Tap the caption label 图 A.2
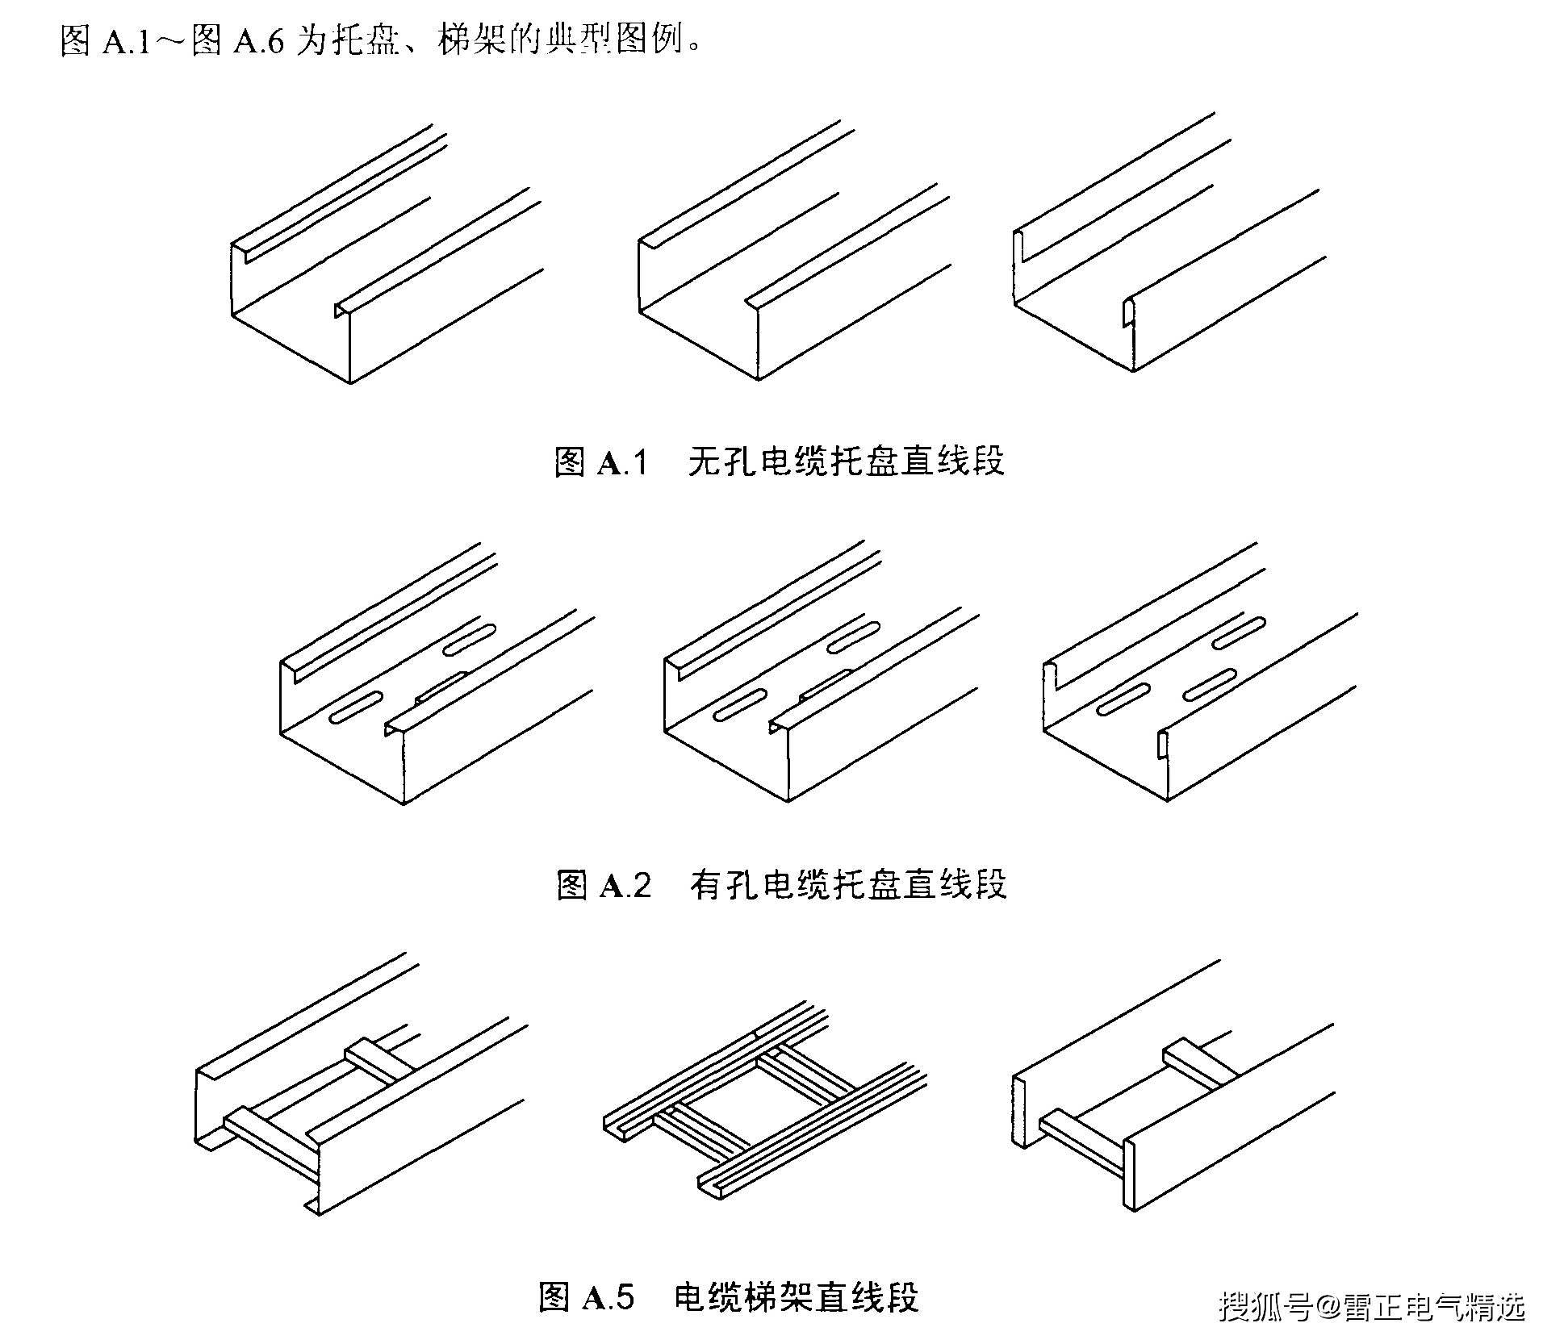click(x=603, y=885)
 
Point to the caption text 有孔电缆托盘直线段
click(x=848, y=885)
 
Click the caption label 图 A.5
click(x=587, y=1297)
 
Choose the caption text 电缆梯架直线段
click(x=796, y=1297)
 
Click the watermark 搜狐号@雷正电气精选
click(x=1372, y=1307)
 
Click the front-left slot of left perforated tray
click(x=356, y=706)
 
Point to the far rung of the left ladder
click(x=380, y=1063)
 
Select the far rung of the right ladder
click(x=1200, y=1066)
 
